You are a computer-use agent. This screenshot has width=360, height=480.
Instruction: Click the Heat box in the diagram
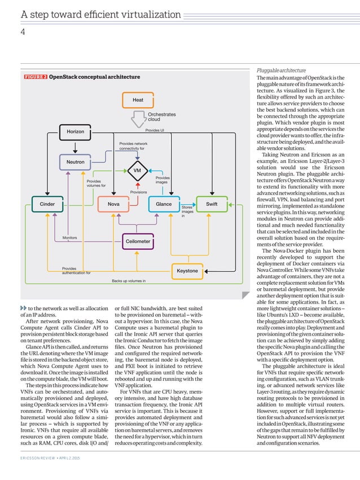click(x=138, y=100)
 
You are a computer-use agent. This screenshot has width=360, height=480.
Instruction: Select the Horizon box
click(x=76, y=131)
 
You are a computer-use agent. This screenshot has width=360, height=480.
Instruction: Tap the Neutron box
click(x=76, y=162)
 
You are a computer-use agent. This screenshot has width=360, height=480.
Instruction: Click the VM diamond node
click(x=137, y=170)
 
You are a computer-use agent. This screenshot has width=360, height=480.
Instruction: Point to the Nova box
click(x=113, y=204)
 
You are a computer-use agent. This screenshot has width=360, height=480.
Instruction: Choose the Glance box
click(x=164, y=204)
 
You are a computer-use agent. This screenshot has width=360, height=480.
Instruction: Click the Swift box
click(x=212, y=204)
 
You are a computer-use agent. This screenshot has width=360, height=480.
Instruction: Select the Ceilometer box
click(x=138, y=241)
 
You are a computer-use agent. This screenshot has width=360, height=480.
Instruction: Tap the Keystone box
click(x=187, y=271)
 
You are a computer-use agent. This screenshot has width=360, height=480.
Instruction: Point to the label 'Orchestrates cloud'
click(x=161, y=117)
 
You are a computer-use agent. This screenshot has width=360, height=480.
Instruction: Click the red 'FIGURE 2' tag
click(x=36, y=77)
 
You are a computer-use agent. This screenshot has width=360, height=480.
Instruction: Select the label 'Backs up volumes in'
click(x=129, y=280)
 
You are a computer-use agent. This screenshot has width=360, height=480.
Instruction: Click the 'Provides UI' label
click(x=154, y=130)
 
